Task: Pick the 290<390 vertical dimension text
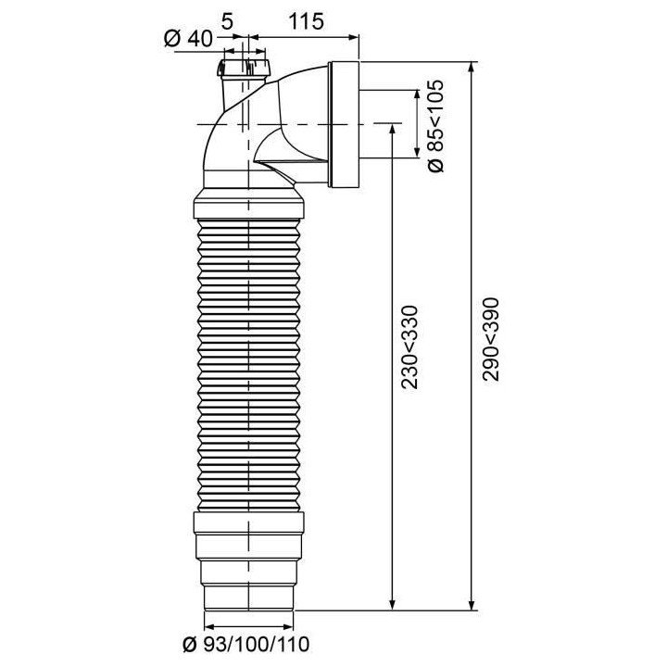[x=491, y=338]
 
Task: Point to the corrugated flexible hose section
[x=250, y=361]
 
